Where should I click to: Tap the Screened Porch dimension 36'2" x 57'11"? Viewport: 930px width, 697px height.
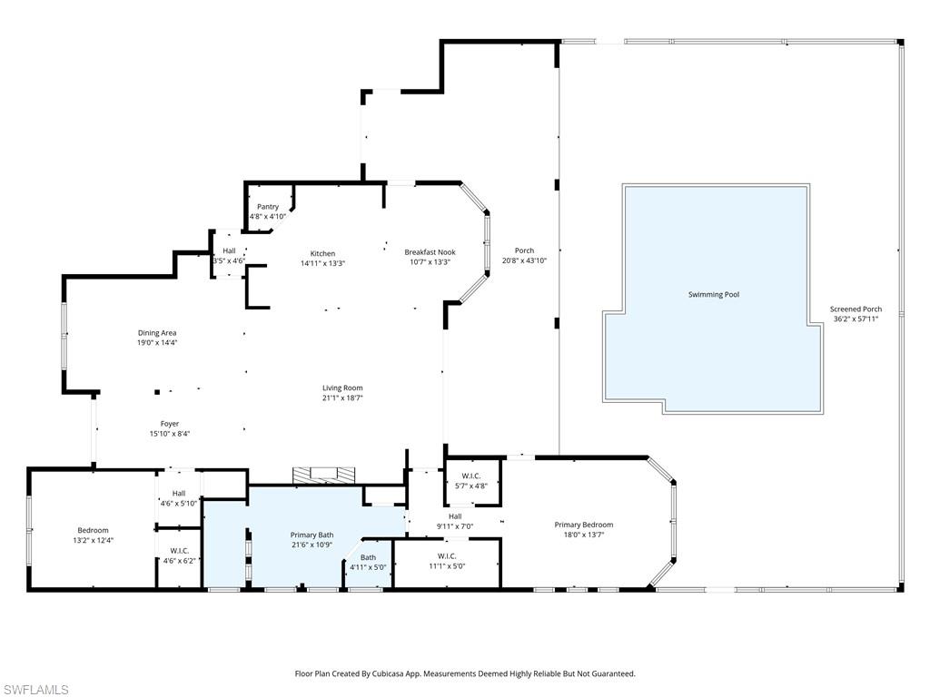[856, 319]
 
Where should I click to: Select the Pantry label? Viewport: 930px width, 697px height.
[267, 207]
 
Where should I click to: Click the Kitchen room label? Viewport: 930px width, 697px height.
[322, 253]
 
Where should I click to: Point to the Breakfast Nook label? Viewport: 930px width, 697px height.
[430, 252]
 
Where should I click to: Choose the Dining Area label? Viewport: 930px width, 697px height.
[157, 333]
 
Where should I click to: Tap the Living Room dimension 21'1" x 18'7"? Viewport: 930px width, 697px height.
[342, 398]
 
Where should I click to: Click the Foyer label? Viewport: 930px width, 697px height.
[170, 424]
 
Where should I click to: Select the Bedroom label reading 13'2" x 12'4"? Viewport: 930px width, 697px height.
[93, 530]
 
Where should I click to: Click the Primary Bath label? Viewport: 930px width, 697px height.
[312, 535]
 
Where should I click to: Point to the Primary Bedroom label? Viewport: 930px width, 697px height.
[584, 525]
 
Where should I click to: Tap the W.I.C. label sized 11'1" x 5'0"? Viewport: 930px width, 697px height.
[446, 556]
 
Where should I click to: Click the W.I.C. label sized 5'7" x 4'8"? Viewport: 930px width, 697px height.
[470, 476]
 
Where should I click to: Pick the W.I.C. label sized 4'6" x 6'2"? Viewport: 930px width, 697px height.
[179, 551]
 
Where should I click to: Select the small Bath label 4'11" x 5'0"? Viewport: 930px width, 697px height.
[368, 557]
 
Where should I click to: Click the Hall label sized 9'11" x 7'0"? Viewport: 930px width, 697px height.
[455, 516]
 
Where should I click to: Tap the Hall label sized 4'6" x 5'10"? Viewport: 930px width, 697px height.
[179, 493]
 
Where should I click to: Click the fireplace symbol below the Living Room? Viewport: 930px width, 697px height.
[324, 474]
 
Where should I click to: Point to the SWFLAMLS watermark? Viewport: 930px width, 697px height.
[35, 691]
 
